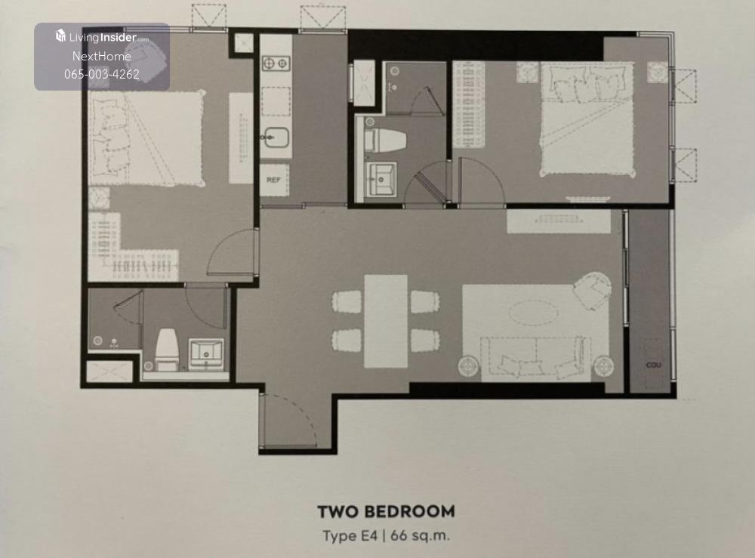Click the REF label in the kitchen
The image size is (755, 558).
coord(273,180)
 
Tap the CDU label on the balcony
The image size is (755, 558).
coord(653,365)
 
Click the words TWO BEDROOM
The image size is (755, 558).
coord(386,511)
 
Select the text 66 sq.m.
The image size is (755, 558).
coord(420,535)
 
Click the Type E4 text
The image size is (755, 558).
coord(350,536)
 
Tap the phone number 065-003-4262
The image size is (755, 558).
coord(102,74)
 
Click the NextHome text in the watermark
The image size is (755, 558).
coord(102,57)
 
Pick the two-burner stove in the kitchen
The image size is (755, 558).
coord(276,63)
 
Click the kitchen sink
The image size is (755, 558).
coord(276,137)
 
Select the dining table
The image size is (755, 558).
coord(386,321)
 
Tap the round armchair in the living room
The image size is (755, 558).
coord(592,290)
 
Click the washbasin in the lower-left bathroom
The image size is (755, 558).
coord(207,353)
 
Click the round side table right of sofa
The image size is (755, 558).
coord(603,366)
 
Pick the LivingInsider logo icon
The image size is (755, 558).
coord(60,35)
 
